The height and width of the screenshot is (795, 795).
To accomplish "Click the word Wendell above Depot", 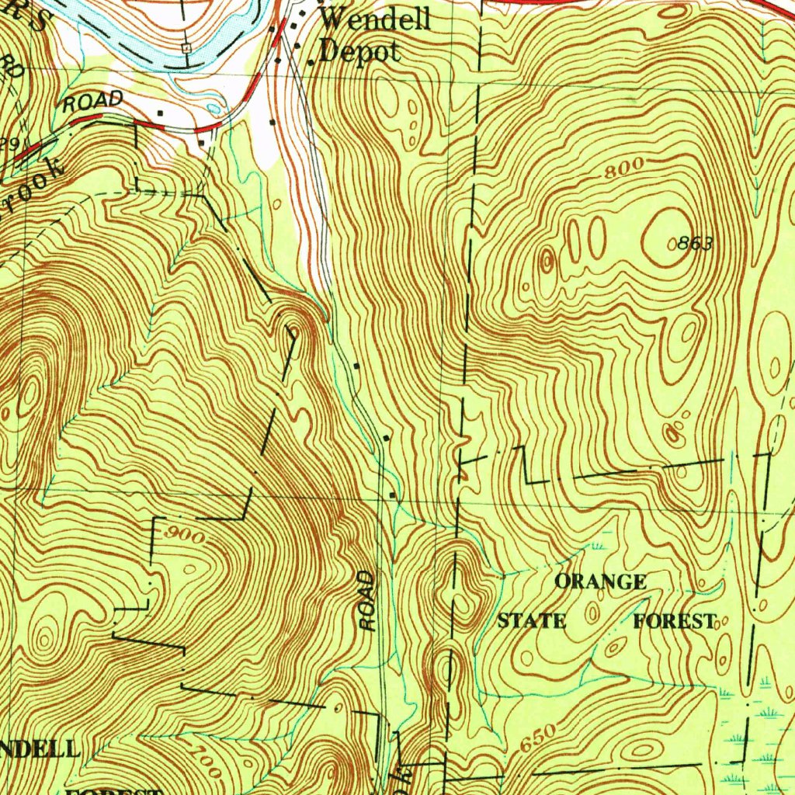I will (375, 19).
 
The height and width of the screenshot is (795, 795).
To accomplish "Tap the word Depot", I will (360, 52).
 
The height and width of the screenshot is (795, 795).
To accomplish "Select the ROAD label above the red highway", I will (93, 101).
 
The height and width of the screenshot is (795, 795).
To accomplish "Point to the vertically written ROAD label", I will (367, 602).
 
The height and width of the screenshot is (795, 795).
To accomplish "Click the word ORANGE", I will (600, 582).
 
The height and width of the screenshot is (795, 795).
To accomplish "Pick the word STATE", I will (532, 622).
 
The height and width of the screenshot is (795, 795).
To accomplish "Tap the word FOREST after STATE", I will (673, 622).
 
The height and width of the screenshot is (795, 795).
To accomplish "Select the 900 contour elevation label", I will (186, 537).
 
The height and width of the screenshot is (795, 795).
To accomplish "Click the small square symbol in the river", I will (186, 48).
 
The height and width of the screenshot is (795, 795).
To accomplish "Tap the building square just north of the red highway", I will (160, 113).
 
